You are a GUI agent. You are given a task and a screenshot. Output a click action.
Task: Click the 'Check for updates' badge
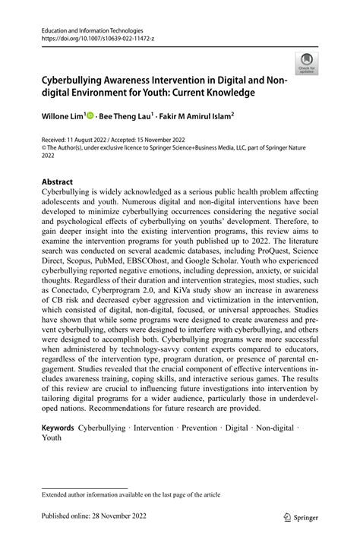click(x=307, y=63)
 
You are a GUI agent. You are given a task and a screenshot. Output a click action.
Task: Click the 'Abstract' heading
click(x=57, y=183)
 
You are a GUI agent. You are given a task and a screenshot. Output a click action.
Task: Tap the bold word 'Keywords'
click(x=58, y=428)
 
